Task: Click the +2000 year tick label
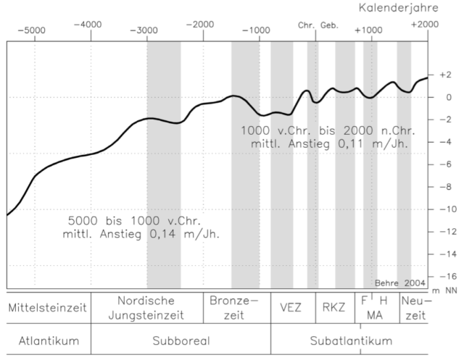coord(424,25)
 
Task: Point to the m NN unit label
coord(443,290)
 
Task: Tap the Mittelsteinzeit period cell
coord(47,307)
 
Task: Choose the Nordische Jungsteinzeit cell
coord(147,307)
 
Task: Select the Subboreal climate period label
coord(181,340)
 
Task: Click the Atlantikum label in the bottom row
coord(48,340)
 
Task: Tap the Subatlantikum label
coord(350,340)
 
